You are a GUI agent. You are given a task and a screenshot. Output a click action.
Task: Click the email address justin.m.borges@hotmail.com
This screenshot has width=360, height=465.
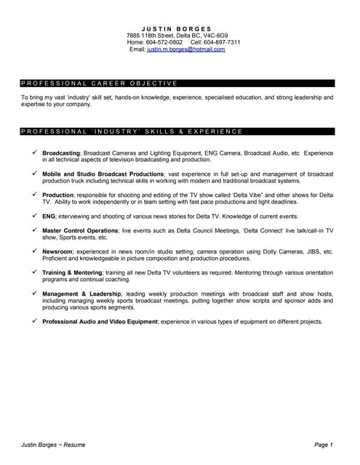tap(186, 49)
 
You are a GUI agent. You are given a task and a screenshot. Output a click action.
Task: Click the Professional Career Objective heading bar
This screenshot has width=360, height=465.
tap(99, 84)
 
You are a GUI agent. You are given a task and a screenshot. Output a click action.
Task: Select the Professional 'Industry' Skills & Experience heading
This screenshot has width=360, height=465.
tap(132, 132)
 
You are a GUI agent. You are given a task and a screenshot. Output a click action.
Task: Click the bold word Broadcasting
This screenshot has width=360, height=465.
tap(61, 153)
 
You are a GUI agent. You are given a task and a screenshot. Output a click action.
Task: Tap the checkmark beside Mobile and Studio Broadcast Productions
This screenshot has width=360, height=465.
tap(33, 174)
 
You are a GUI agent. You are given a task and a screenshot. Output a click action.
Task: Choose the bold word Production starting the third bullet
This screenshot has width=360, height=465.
tap(58, 195)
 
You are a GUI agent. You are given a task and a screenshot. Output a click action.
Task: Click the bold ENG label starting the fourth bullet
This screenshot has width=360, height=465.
tap(49, 217)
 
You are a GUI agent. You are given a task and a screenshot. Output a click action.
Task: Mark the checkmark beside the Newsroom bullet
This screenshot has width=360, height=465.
tap(33, 251)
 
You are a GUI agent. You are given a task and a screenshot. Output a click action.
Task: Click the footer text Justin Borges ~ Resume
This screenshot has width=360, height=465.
tap(53, 444)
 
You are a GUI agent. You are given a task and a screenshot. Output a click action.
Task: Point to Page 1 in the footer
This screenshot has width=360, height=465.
tap(323, 444)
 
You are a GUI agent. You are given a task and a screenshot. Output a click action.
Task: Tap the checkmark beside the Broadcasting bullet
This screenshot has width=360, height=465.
tap(33, 153)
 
